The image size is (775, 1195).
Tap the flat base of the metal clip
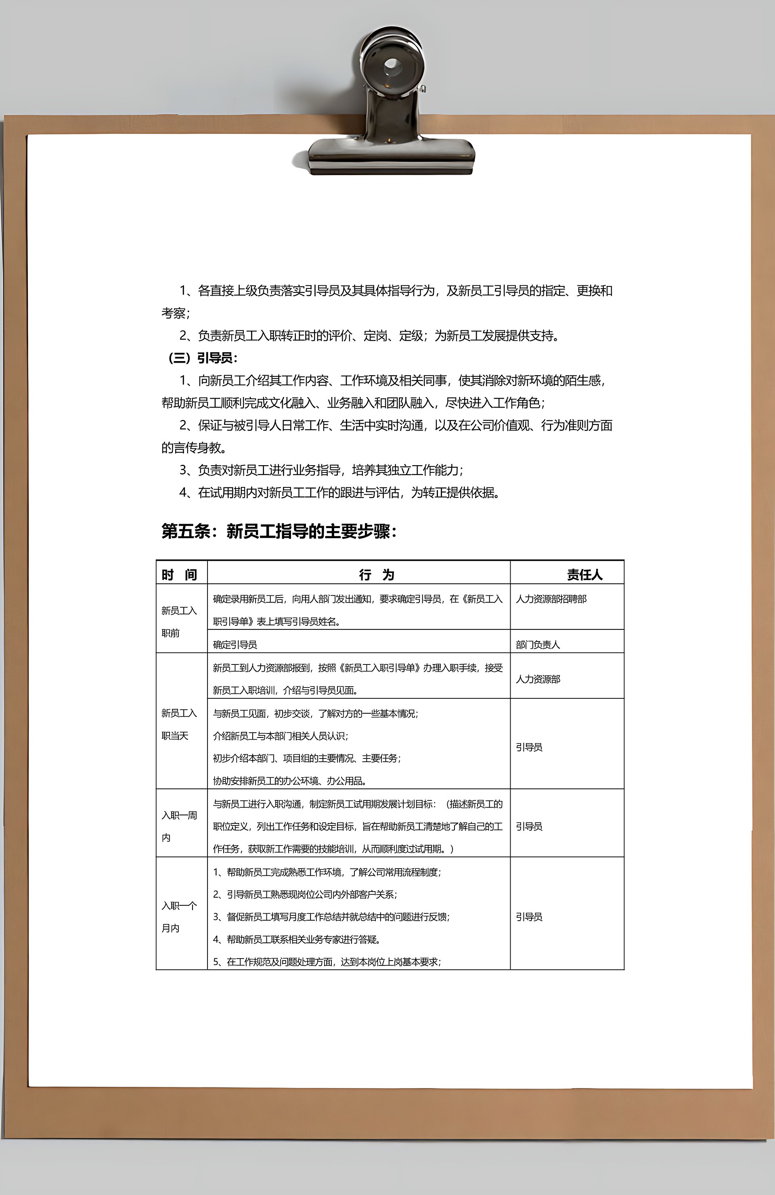point(392,153)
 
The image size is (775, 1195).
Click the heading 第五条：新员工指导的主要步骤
point(279,531)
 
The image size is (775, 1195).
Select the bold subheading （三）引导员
point(201,358)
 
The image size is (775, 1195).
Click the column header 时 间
point(179,575)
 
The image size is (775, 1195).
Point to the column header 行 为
point(377,575)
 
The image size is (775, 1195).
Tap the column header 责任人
point(584,575)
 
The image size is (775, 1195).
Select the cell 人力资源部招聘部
point(551,599)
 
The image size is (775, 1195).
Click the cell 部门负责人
point(537,645)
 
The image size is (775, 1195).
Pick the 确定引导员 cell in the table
point(235,645)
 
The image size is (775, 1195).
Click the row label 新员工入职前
point(179,622)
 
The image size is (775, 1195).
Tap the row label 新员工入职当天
point(179,724)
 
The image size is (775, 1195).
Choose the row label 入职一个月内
point(179,917)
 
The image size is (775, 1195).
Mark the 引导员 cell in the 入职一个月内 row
point(529,917)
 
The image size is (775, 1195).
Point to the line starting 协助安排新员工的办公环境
point(290,781)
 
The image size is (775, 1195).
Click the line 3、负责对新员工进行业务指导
point(321,470)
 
